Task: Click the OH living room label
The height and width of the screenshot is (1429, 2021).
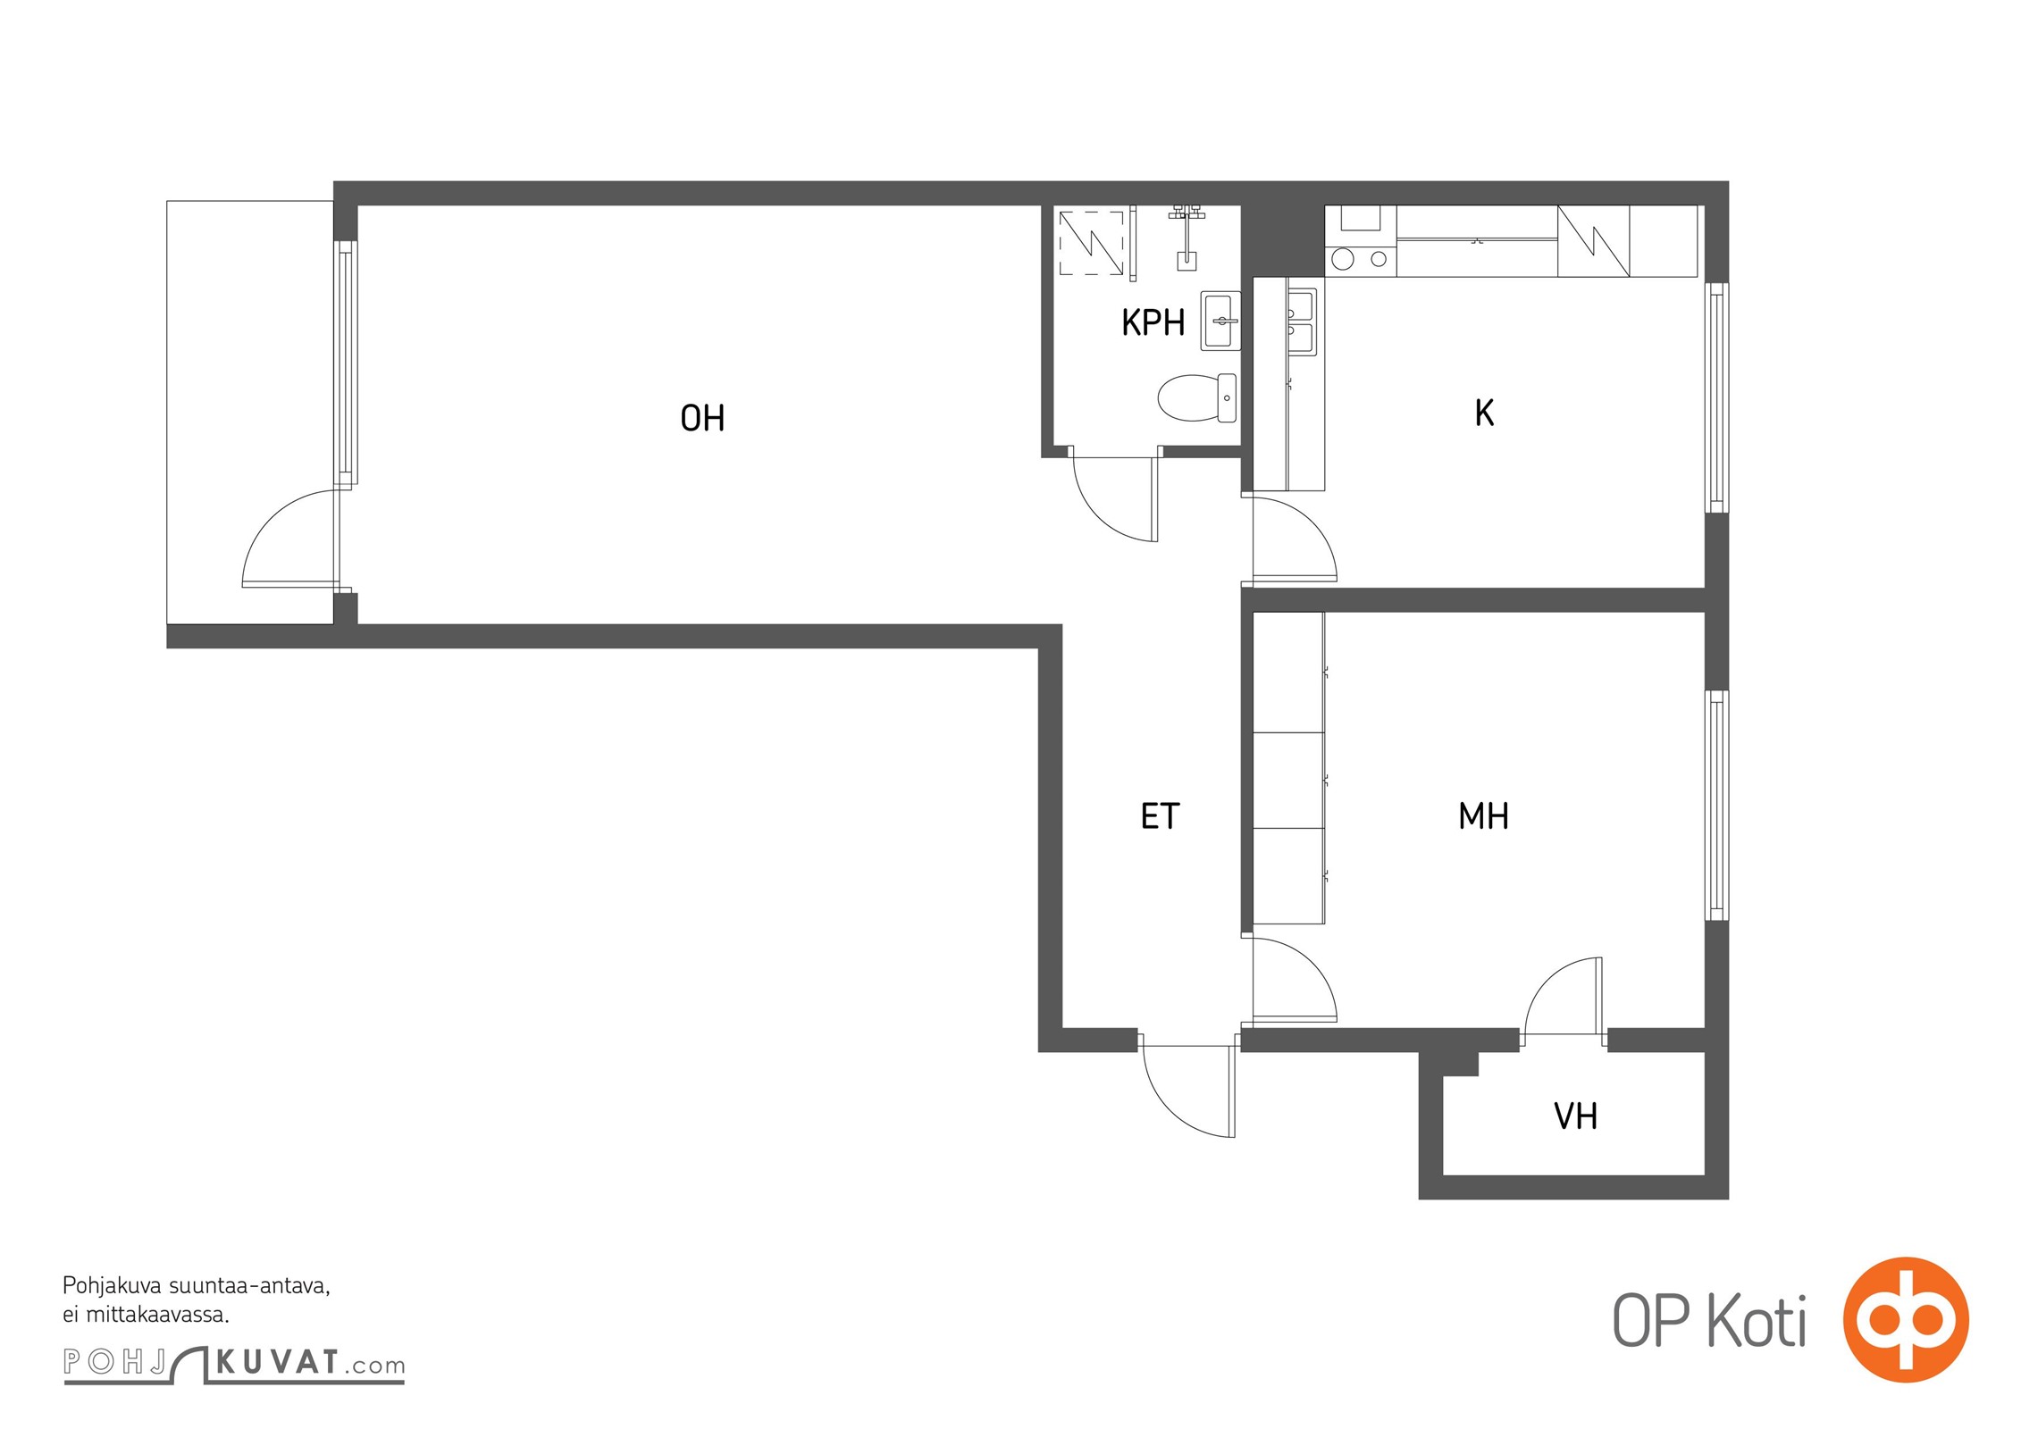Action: pos(702,418)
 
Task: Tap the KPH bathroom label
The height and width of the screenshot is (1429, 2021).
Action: pos(1153,322)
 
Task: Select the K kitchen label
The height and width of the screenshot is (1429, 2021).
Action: pos(1484,413)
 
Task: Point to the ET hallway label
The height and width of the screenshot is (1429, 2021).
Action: pos(1160,815)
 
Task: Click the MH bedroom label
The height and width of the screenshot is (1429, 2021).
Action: pos(1483,815)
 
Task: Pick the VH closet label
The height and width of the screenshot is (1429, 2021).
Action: pos(1575,1116)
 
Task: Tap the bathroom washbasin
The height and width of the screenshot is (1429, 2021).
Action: pos(1220,320)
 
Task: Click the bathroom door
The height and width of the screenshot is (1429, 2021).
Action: pos(1115,498)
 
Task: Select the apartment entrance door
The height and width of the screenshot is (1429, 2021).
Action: pos(1188,1091)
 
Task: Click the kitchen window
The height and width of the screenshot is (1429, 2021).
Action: pos(1716,397)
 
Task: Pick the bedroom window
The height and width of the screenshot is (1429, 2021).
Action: pos(1716,805)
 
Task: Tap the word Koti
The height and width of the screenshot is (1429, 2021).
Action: pos(1756,1321)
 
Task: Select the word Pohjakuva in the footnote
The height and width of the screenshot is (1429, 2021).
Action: pos(113,1287)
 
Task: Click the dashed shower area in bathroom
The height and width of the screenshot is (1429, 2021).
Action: pos(1091,243)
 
